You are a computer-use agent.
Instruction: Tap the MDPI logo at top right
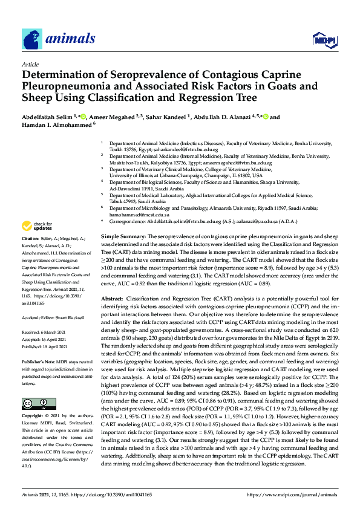coord(324,40)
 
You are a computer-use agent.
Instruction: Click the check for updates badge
coord(34,226)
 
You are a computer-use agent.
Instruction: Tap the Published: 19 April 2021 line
coord(45,347)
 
